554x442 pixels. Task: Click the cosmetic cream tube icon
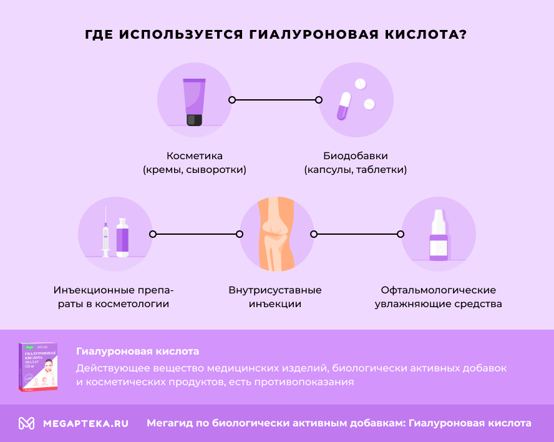(194, 100)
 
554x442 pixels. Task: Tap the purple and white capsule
(344, 106)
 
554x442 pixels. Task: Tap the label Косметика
(194, 155)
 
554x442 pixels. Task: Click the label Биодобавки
(356, 155)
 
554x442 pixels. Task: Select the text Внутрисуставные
(275, 290)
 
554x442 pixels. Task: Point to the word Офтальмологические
(438, 290)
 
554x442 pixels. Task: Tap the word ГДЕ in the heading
(100, 34)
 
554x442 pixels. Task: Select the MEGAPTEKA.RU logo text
(85, 423)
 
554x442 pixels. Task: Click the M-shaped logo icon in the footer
(26, 423)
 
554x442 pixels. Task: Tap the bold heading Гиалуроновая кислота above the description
(137, 351)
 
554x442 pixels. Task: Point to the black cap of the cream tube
(194, 119)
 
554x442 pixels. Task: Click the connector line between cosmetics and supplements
(275, 100)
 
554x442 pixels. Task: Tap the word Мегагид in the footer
(168, 423)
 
